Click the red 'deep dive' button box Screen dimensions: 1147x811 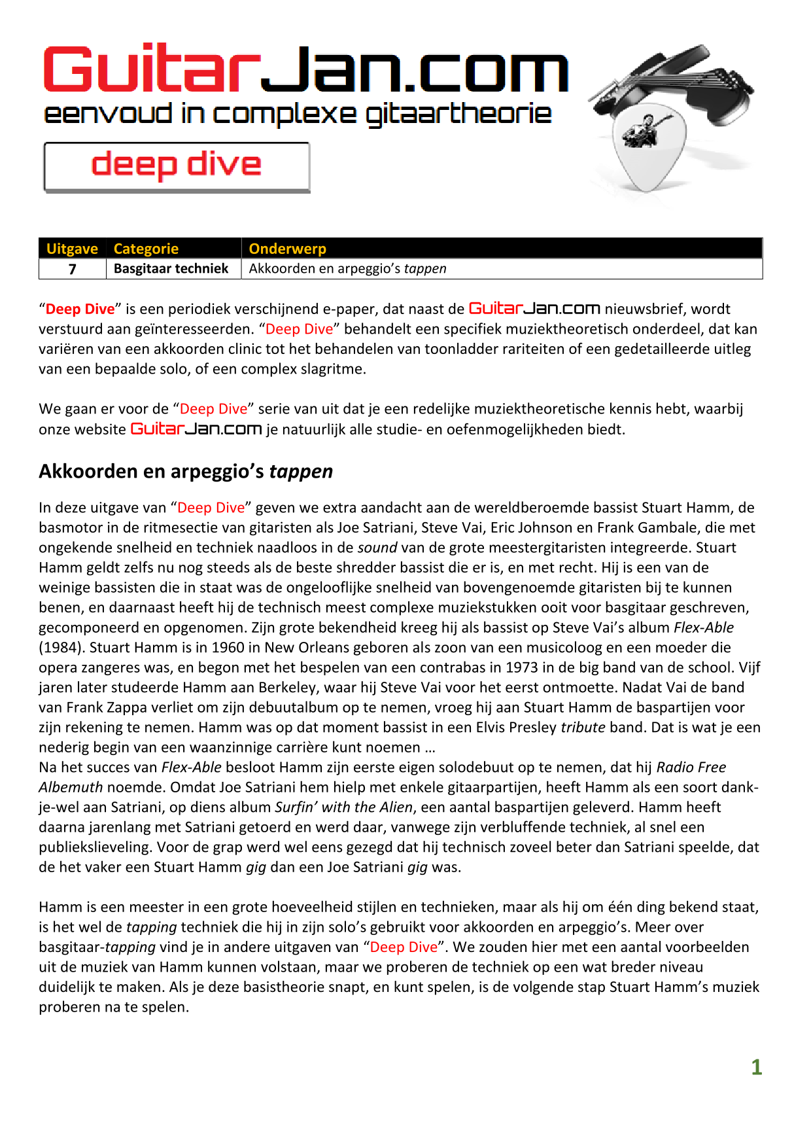[177, 167]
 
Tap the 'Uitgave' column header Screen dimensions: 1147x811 [72, 249]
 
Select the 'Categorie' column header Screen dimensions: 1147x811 [146, 249]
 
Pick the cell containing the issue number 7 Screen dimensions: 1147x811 [72, 269]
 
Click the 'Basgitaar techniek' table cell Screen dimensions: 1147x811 [171, 269]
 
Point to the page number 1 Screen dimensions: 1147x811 [756, 1067]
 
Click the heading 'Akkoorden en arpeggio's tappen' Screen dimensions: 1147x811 [186, 471]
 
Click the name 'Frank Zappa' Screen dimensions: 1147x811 [99, 707]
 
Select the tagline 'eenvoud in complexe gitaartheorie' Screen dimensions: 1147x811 [298, 115]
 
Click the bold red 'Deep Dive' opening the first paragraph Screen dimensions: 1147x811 [80, 309]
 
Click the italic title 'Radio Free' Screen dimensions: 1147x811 [691, 767]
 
